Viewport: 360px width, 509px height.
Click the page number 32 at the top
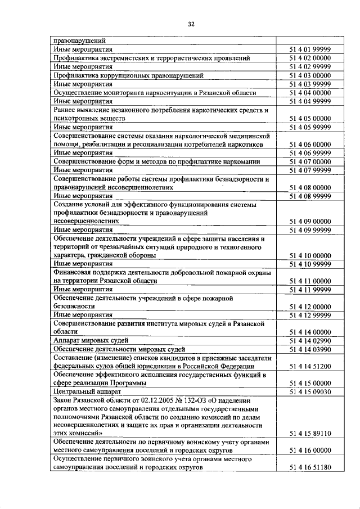click(191, 24)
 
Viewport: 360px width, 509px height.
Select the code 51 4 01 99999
click(310, 49)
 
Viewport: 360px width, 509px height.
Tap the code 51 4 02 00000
click(310, 58)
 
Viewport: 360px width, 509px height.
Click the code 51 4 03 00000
click(310, 75)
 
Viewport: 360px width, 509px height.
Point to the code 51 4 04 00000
click(310, 93)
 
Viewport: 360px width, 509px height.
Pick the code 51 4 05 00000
click(310, 119)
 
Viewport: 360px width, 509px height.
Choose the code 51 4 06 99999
click(310, 153)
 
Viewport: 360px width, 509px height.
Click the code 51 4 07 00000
click(310, 161)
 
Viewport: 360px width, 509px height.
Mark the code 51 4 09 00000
click(310, 222)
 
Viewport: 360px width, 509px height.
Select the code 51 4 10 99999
click(310, 264)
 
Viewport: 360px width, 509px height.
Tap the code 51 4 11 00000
click(310, 281)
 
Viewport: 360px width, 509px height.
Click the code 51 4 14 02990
click(310, 341)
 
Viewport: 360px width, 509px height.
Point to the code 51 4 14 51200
click(310, 367)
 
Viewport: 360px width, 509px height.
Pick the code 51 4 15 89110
click(310, 434)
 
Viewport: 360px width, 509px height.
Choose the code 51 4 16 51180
click(310, 468)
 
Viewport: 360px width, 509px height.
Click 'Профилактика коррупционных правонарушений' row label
click(128, 75)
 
